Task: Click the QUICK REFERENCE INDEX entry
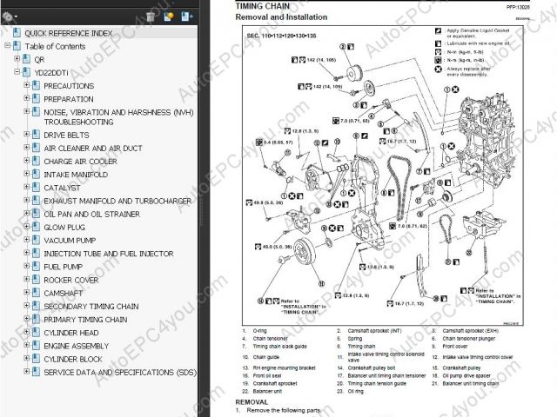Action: tap(68, 33)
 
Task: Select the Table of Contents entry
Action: tap(55, 46)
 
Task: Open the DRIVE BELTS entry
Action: tap(66, 136)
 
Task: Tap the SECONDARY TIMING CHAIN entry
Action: tap(91, 306)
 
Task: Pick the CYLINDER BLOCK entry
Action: tap(73, 359)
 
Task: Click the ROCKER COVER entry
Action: tap(70, 279)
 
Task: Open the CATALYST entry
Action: tap(62, 187)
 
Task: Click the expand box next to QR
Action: tap(17, 59)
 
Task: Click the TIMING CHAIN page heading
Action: tap(265, 6)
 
